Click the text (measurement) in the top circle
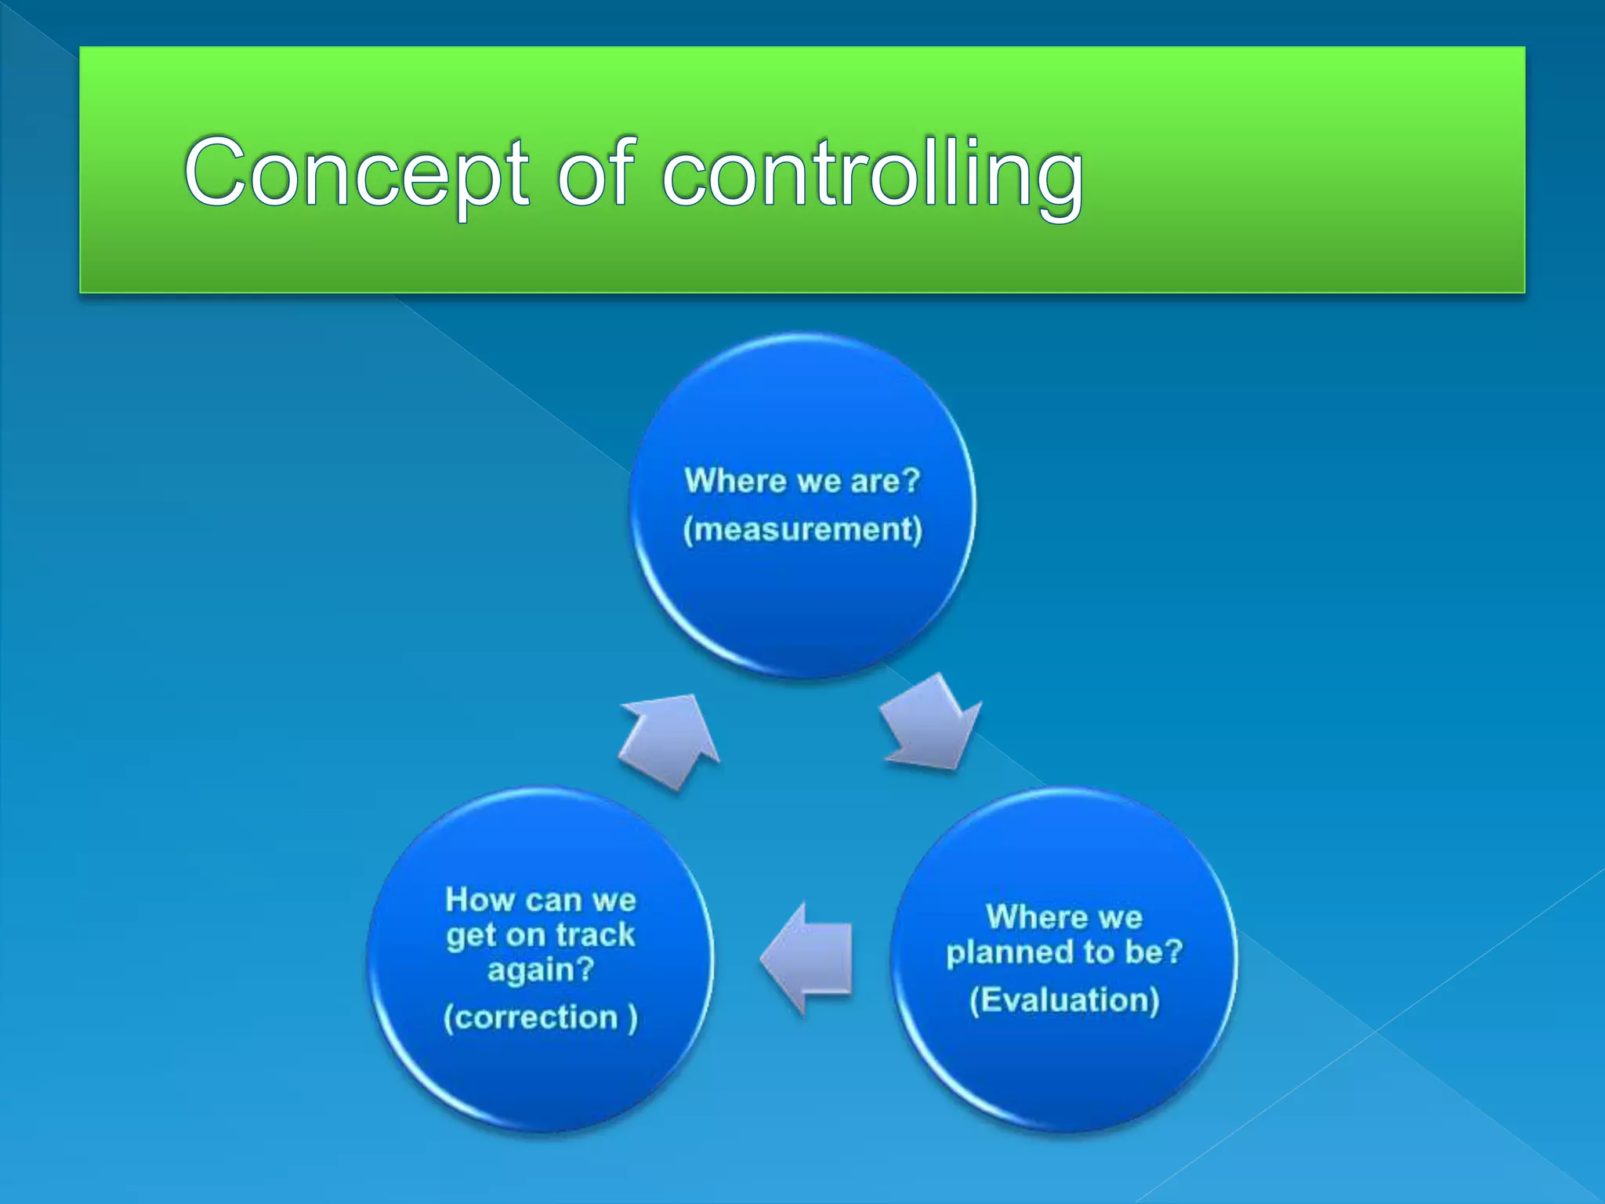(802, 529)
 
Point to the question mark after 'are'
(911, 480)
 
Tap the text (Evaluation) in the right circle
(1064, 1000)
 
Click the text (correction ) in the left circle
(540, 1017)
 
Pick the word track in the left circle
(595, 934)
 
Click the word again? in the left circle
(540, 970)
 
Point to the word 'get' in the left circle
(471, 936)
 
